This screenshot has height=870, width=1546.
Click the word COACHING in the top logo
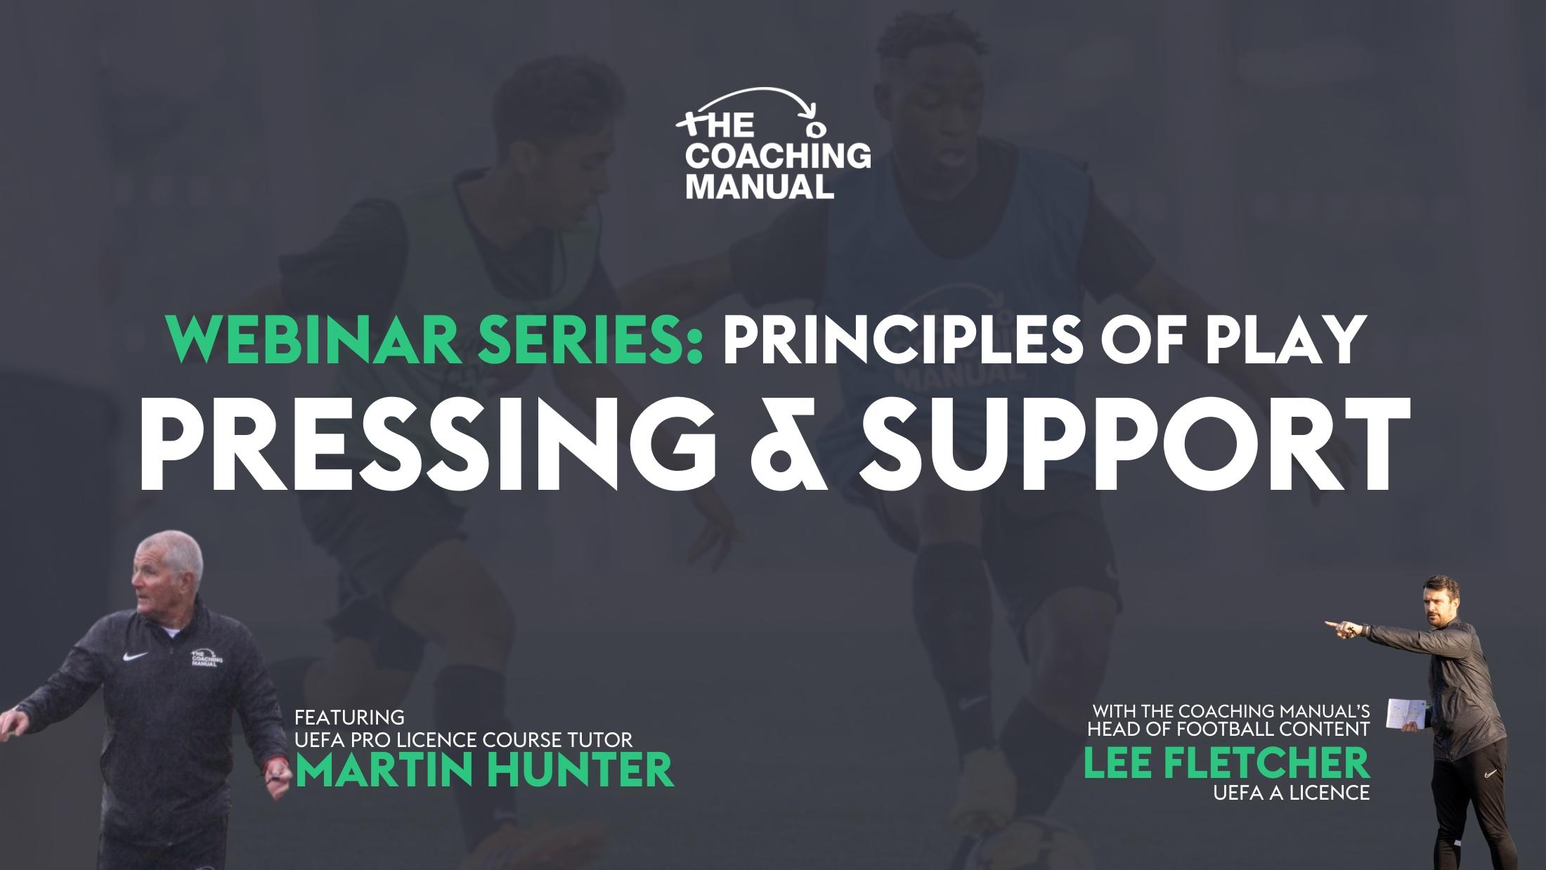[x=777, y=156]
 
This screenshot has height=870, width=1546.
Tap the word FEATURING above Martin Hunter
[x=349, y=718]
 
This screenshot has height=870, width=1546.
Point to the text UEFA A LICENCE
[x=1291, y=793]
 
